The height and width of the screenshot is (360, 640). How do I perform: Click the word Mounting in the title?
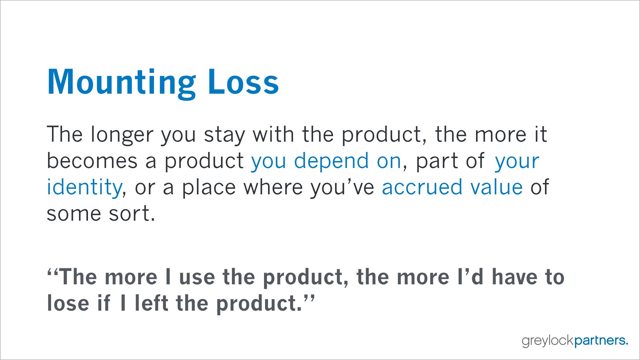tap(122, 83)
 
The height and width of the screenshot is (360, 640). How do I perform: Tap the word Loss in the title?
tap(243, 81)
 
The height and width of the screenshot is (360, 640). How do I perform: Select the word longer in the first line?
tap(122, 135)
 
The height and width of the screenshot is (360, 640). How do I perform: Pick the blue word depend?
tap(331, 162)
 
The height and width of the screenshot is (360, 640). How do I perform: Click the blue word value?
tap(496, 187)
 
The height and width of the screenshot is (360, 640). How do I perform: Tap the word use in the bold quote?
tap(197, 277)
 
